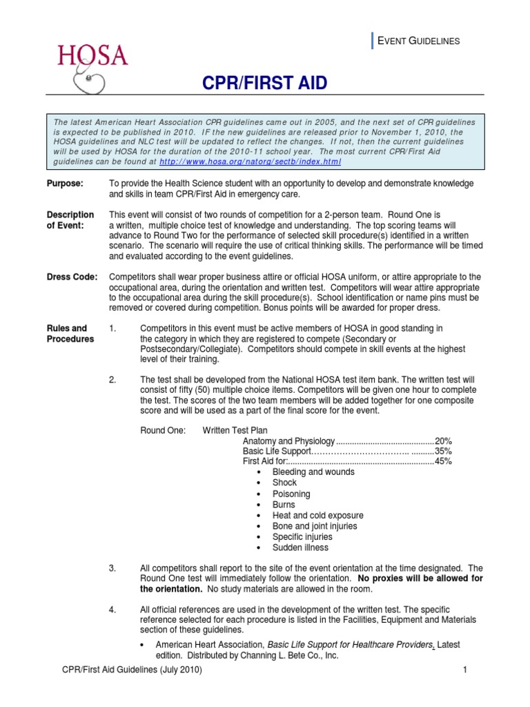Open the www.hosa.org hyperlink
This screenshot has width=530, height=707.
click(250, 161)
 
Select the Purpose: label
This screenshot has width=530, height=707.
click(65, 184)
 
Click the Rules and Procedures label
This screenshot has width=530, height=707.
click(70, 333)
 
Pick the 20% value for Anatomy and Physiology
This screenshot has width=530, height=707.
click(443, 441)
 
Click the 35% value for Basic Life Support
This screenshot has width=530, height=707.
click(443, 452)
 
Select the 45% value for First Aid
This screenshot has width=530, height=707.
click(443, 462)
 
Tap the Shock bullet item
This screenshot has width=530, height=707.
click(284, 483)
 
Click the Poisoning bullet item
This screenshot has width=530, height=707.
click(291, 494)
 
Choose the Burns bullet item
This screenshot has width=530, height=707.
click(284, 505)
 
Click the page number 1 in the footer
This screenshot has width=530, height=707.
click(465, 670)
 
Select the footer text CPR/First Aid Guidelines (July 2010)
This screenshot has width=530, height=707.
click(131, 670)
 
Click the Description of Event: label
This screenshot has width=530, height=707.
click(70, 220)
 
